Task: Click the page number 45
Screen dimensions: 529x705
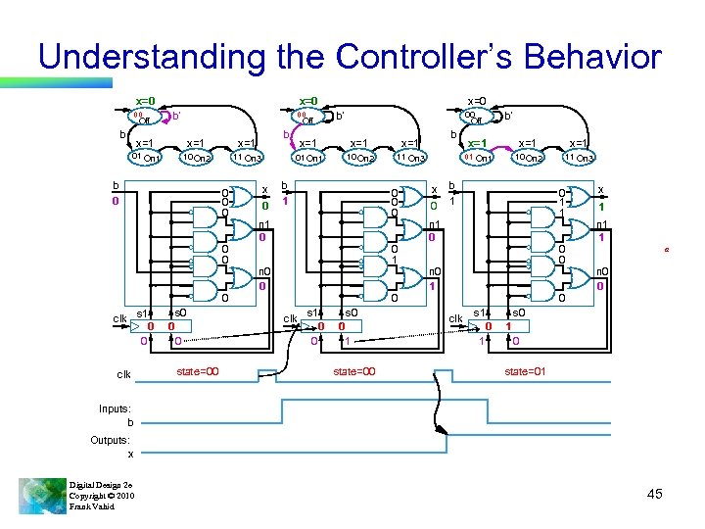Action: [655, 494]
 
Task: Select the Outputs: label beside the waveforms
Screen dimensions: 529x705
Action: [110, 440]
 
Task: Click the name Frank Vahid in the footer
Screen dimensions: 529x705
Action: [92, 506]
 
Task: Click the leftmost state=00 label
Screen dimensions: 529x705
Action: [197, 371]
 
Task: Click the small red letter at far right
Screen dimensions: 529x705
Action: [667, 251]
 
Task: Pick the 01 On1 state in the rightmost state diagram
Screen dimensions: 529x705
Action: [478, 157]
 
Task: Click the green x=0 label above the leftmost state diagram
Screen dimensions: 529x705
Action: [145, 100]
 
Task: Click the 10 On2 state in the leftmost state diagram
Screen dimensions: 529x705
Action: [198, 157]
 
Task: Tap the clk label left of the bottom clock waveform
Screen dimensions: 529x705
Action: [124, 374]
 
